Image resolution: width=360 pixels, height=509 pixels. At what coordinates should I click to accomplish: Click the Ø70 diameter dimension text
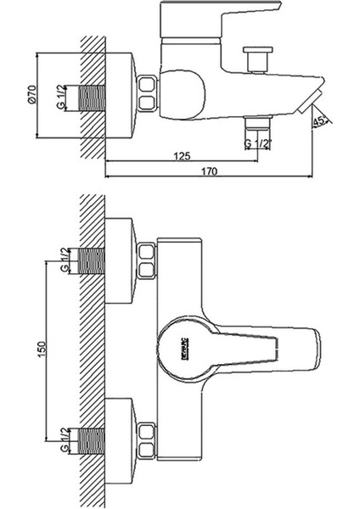coord(31,98)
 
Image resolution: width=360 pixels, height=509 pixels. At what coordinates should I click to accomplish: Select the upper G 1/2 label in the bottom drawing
coord(66,257)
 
